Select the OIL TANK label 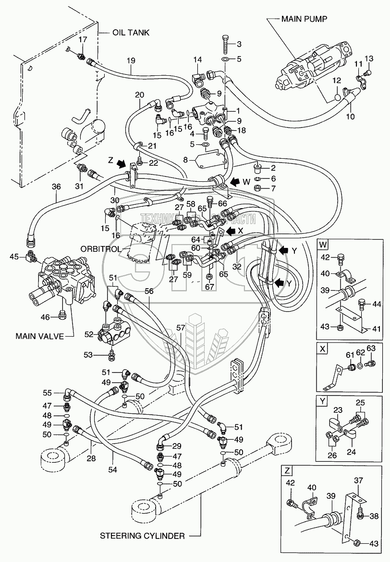point(131,33)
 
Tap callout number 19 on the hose point(131,60)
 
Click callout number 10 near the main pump point(350,117)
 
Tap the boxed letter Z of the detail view point(287,470)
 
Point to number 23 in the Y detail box point(338,410)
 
